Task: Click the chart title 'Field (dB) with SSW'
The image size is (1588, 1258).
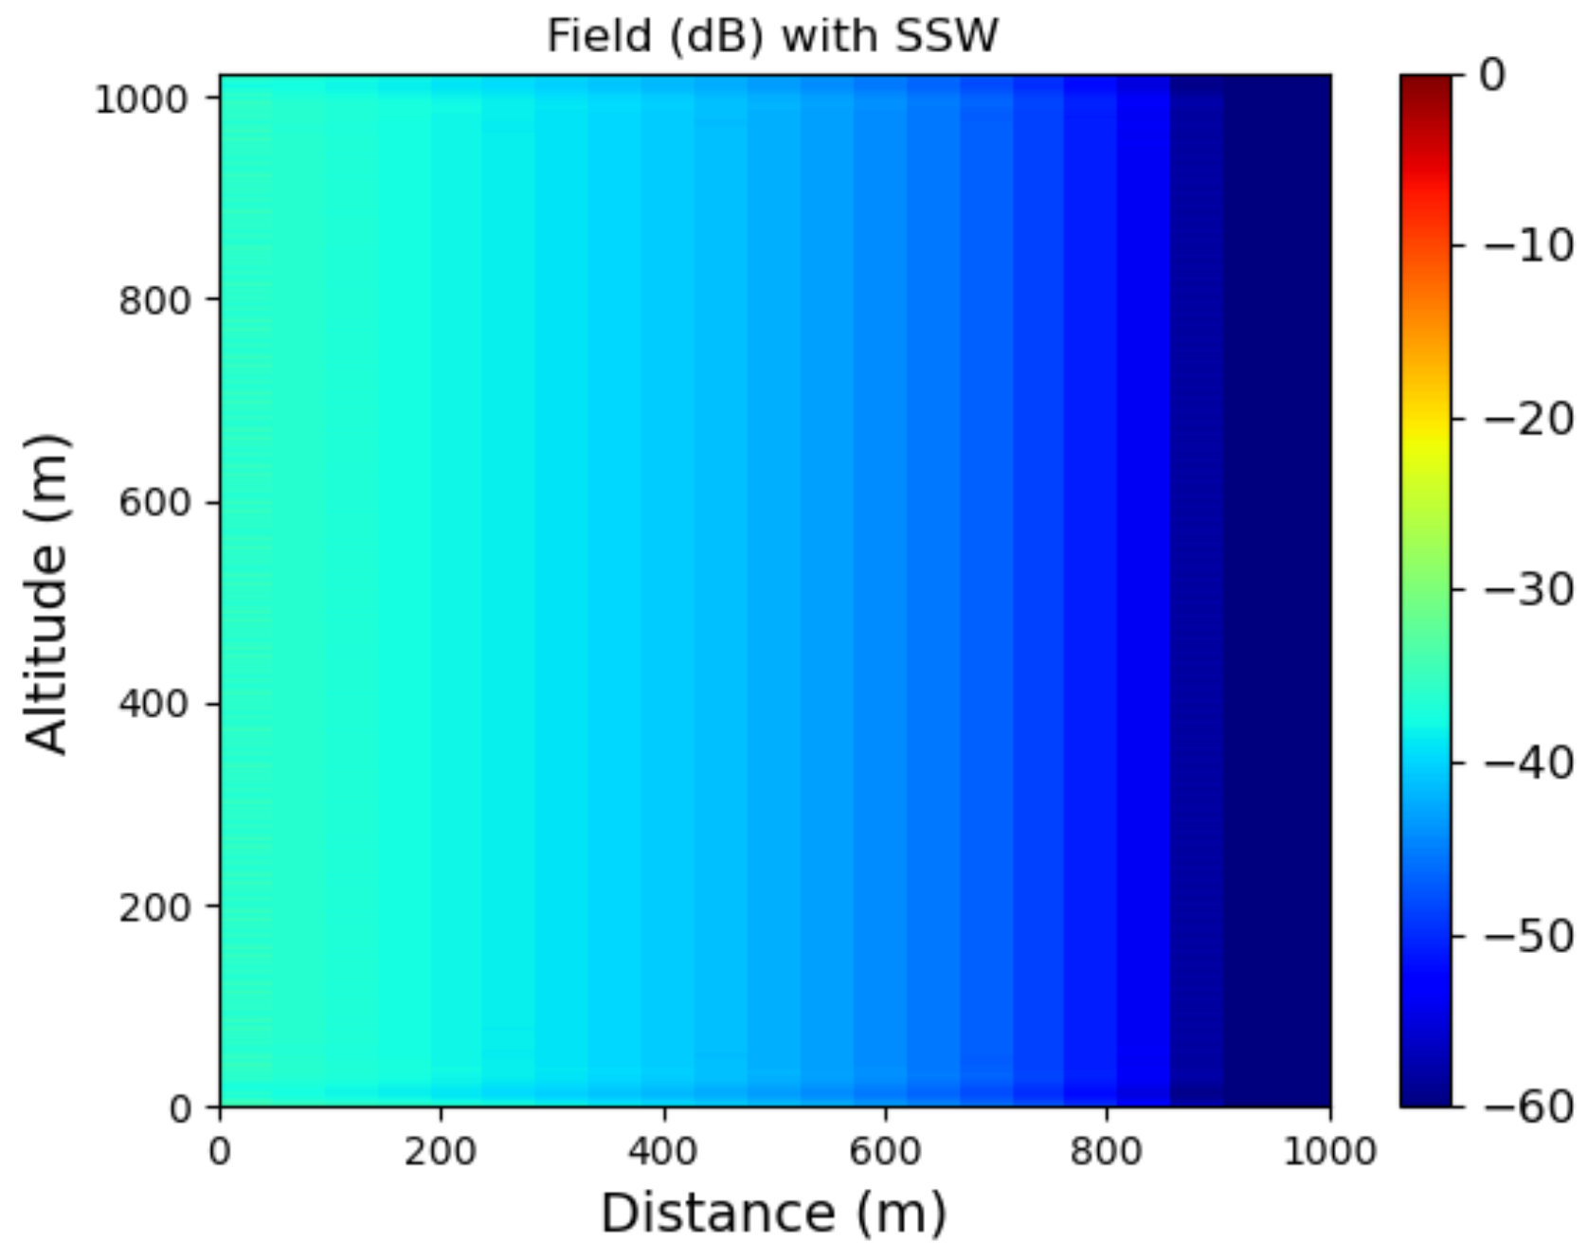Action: click(772, 37)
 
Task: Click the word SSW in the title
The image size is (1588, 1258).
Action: click(947, 37)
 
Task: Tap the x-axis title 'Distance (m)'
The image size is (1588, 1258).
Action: click(773, 1213)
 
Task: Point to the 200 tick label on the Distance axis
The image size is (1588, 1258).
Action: click(441, 1152)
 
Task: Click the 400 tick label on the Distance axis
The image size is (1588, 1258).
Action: click(662, 1152)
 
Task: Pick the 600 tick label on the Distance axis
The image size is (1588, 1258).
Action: click(885, 1152)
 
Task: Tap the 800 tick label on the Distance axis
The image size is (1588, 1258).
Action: click(1107, 1152)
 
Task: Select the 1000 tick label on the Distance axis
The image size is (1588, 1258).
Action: click(1329, 1152)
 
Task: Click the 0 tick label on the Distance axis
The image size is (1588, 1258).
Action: click(220, 1152)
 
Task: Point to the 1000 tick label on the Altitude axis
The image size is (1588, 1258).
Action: click(142, 99)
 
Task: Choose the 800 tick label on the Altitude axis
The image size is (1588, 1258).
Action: click(154, 300)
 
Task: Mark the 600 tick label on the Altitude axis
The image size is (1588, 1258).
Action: click(154, 502)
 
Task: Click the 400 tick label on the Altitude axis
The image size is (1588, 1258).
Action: click(154, 704)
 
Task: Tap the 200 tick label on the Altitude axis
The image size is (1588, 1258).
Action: click(154, 907)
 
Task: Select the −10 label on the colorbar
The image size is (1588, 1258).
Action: click(1528, 246)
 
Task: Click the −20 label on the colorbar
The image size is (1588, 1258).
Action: click(1528, 418)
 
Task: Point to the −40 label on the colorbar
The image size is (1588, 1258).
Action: click(1528, 762)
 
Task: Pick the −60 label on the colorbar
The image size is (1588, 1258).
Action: click(1528, 1105)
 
